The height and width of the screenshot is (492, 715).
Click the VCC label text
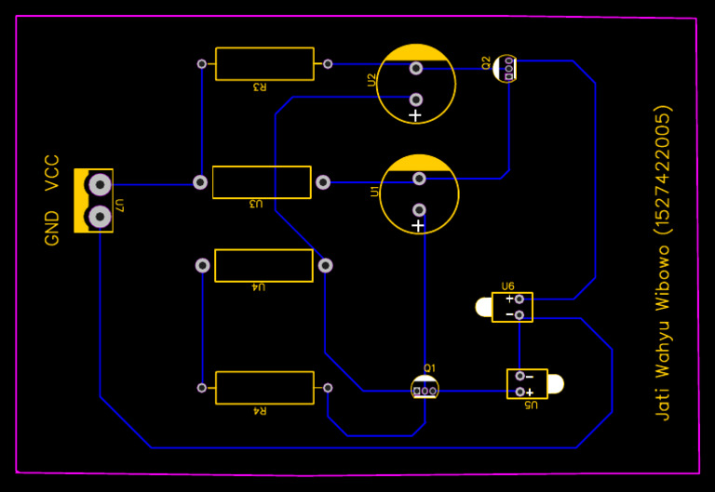click(x=52, y=173)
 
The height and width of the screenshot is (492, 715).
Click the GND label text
click(x=52, y=228)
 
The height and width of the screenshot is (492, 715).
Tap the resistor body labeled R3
click(x=264, y=64)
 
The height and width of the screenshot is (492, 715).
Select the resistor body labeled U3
click(x=262, y=182)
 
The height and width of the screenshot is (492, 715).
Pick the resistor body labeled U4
click(x=263, y=265)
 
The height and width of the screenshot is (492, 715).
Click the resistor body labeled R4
click(x=264, y=388)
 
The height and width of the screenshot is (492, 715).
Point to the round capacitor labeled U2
click(x=416, y=83)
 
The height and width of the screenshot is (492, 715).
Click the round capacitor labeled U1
click(x=419, y=194)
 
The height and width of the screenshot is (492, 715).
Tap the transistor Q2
click(x=506, y=69)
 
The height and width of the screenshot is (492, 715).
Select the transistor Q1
click(x=425, y=387)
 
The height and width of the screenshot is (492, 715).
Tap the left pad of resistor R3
click(x=201, y=64)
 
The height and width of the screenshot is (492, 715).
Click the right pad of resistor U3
click(x=323, y=182)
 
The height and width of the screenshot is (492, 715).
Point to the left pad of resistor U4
click(x=202, y=265)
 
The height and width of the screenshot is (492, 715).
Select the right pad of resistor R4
click(x=328, y=388)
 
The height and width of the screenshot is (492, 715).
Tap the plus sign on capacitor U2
click(x=415, y=116)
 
